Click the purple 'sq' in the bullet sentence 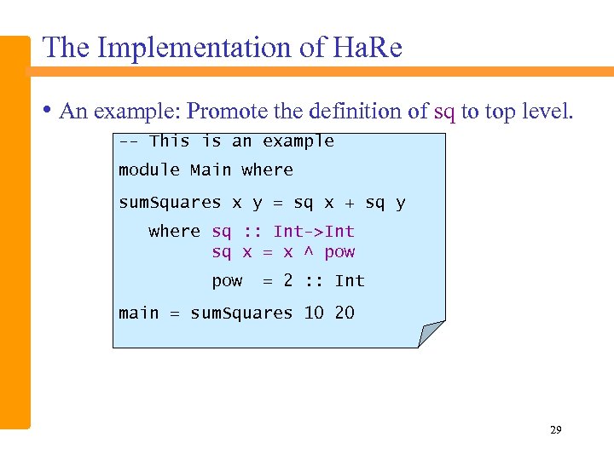(x=444, y=112)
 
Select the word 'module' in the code (x=148, y=170)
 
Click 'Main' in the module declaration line (x=210, y=170)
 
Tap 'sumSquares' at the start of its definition (x=169, y=203)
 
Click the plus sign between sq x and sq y (x=350, y=203)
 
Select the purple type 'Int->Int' (x=313, y=232)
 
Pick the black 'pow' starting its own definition (x=227, y=281)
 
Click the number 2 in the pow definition (x=288, y=280)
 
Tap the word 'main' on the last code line (x=138, y=313)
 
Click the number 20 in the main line (x=344, y=313)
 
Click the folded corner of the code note (x=431, y=333)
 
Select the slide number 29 (x=555, y=430)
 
